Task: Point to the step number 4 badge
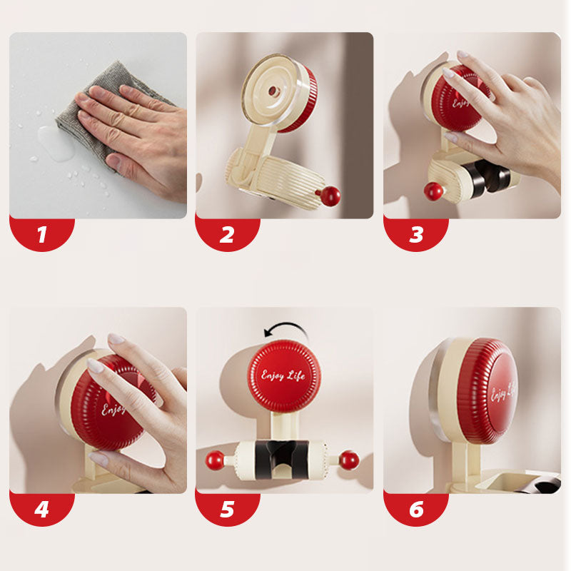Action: [41, 509]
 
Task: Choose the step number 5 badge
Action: [227, 509]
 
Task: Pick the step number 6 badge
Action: [415, 509]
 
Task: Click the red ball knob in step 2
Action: [330, 196]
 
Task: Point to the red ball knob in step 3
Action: [433, 191]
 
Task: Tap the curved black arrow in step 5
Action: [285, 330]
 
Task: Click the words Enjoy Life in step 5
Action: [284, 375]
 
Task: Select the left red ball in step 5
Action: [214, 460]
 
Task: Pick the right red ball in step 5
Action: [349, 460]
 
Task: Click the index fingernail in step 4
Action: [96, 365]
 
